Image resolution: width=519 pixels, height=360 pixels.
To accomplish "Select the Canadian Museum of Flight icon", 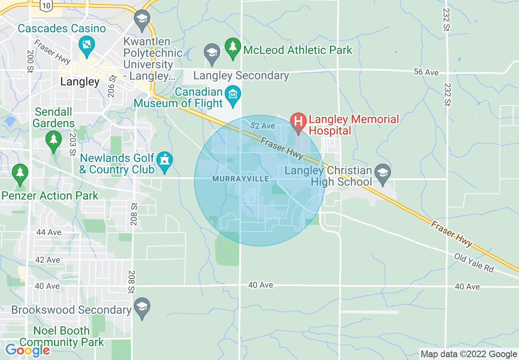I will tap(233, 94).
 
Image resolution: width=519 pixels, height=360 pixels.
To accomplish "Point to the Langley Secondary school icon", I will tap(212, 53).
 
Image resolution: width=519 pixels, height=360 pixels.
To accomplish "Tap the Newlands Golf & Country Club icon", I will tap(165, 159).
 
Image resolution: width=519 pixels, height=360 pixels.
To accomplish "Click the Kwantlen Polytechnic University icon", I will tap(142, 18).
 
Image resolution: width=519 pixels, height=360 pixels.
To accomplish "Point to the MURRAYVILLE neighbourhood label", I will tap(241, 179).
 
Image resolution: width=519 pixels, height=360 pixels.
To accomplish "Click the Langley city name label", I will tap(80, 82).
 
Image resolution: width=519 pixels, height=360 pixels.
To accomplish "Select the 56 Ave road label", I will tap(426, 72).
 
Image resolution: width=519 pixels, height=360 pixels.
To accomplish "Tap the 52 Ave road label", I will tap(262, 126).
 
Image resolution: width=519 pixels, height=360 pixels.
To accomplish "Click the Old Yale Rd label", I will tap(474, 263).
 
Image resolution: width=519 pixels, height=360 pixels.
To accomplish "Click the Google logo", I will tap(27, 350).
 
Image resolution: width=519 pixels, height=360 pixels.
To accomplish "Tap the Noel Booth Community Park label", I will tap(61, 336).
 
